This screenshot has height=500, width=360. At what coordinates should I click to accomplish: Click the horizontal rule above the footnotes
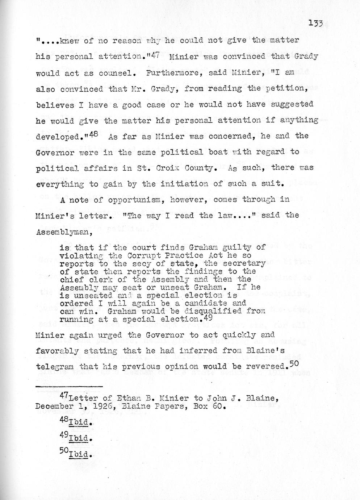[69, 387]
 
